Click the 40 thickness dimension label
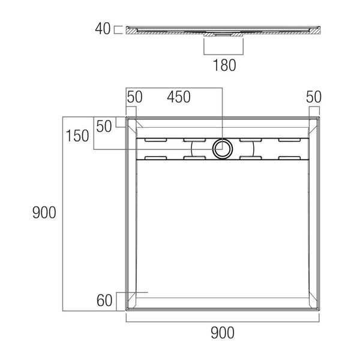[x=103, y=29]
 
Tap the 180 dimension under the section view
[x=224, y=65]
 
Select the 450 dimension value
[x=179, y=97]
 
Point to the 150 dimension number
[x=77, y=136]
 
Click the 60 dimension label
[x=104, y=301]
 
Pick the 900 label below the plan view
[x=223, y=333]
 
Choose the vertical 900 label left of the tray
[x=44, y=212]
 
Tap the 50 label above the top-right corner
[x=314, y=97]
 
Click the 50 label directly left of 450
[x=134, y=97]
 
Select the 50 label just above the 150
[x=104, y=126]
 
